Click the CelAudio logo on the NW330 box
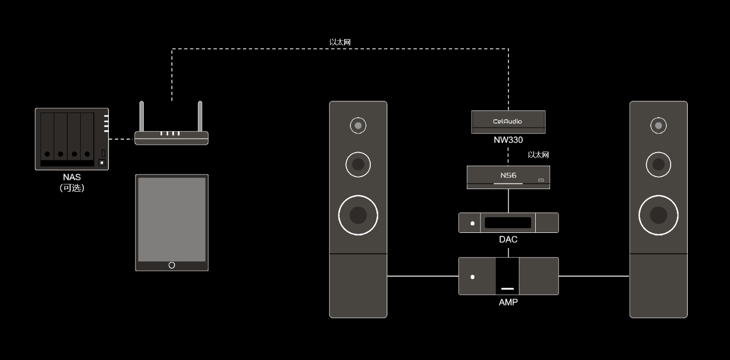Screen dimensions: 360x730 tap(508, 121)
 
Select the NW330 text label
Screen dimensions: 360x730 tap(508, 140)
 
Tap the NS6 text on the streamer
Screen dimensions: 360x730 tap(508, 176)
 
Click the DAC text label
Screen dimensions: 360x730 tap(508, 240)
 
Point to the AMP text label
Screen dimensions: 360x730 tap(508, 302)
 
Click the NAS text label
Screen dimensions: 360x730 tap(72, 178)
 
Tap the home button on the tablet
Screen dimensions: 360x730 tap(172, 265)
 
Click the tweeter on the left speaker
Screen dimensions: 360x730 tap(358, 125)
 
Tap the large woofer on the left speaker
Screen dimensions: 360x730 tap(358, 215)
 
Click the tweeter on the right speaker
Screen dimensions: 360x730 tap(658, 125)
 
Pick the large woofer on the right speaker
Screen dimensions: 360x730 tap(658, 215)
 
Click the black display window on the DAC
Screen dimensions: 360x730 tap(508, 223)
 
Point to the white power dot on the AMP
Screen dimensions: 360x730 tap(472, 277)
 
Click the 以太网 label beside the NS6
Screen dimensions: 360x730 tap(538, 155)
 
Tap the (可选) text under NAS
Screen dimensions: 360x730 tap(72, 188)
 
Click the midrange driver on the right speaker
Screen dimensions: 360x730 tap(658, 165)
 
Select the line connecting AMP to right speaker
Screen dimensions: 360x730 tap(594, 276)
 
